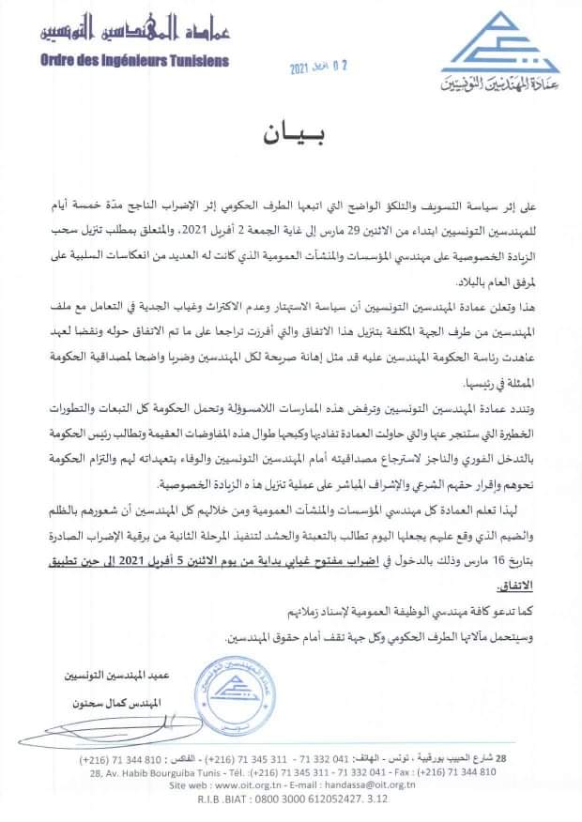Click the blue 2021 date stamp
(317, 68)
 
